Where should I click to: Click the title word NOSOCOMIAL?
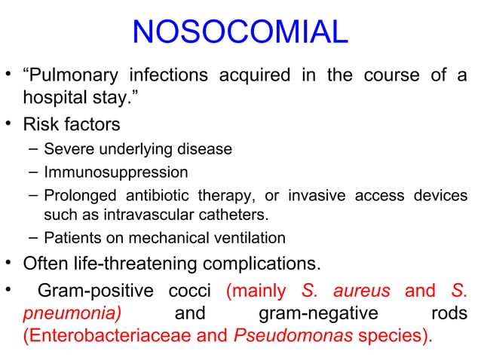coord(240,30)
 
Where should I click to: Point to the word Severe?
coord(66,148)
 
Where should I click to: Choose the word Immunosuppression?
coord(105,172)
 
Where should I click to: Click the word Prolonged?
coord(77,196)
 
